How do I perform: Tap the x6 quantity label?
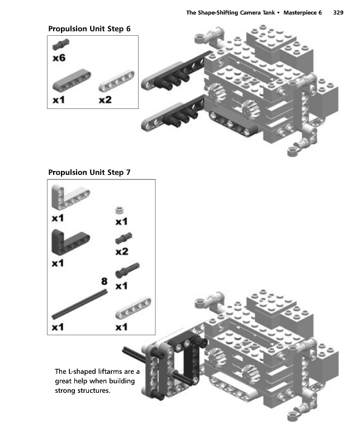coord(59,57)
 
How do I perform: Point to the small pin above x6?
coord(59,45)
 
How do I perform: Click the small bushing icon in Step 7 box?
coord(119,210)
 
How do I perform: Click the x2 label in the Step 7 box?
coord(122,252)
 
